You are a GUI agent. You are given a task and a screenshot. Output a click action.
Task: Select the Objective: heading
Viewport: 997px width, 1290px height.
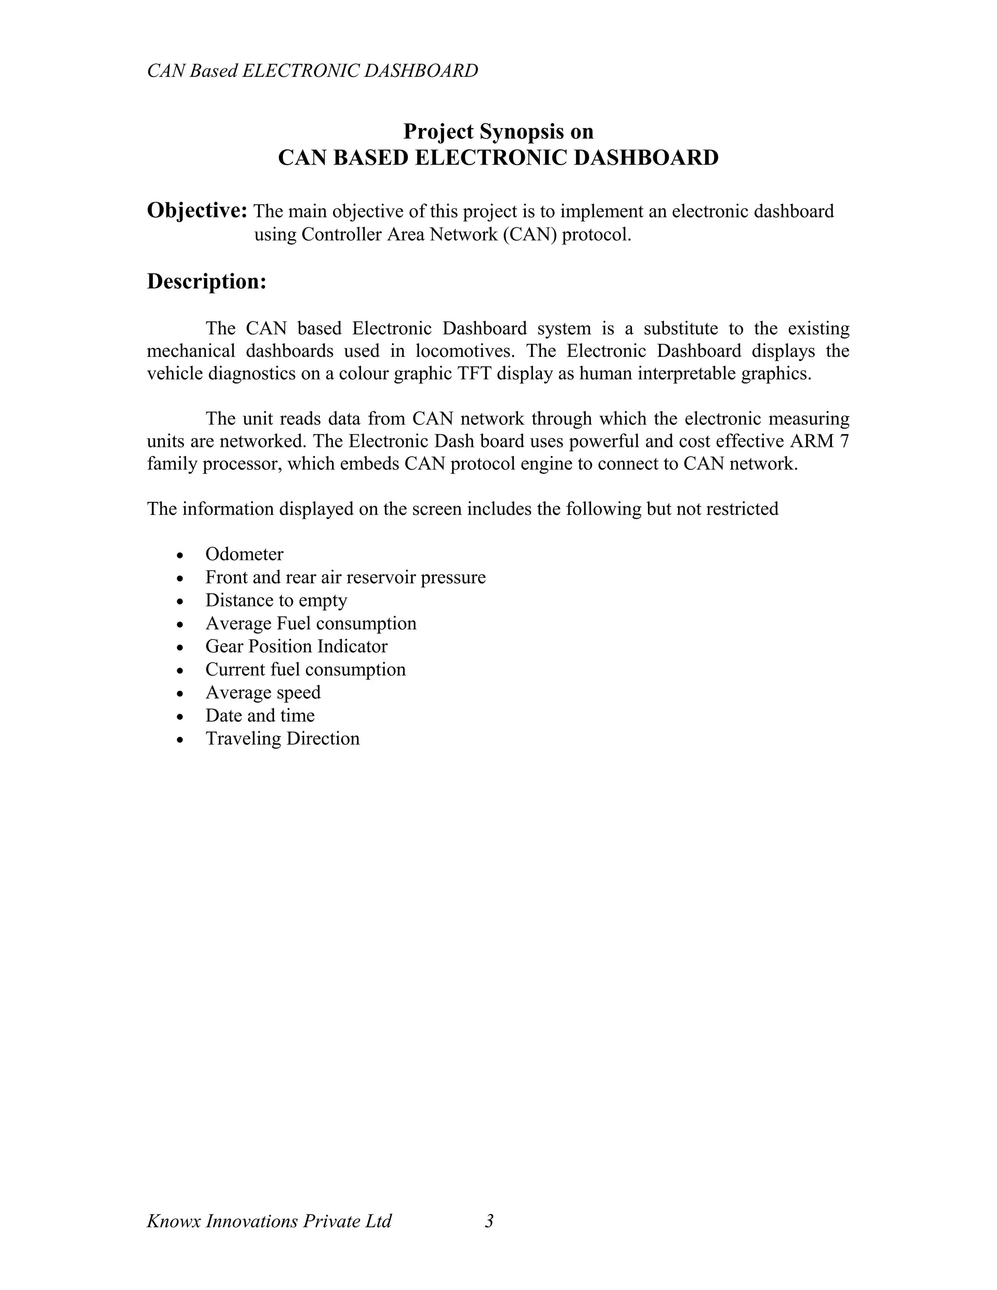click(x=197, y=211)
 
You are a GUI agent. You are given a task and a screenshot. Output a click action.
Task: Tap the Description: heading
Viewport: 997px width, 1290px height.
click(x=207, y=282)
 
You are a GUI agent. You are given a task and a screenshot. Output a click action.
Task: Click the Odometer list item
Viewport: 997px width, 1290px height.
click(x=244, y=554)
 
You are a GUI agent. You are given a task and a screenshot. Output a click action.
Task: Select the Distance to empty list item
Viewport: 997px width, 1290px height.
click(x=276, y=601)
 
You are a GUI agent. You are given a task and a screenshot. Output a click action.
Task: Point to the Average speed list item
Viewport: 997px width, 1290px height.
click(x=263, y=693)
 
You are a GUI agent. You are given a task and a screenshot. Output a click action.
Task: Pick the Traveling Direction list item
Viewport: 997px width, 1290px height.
click(x=282, y=739)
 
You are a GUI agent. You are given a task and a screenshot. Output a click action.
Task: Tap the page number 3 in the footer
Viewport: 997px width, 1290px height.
click(x=489, y=1221)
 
